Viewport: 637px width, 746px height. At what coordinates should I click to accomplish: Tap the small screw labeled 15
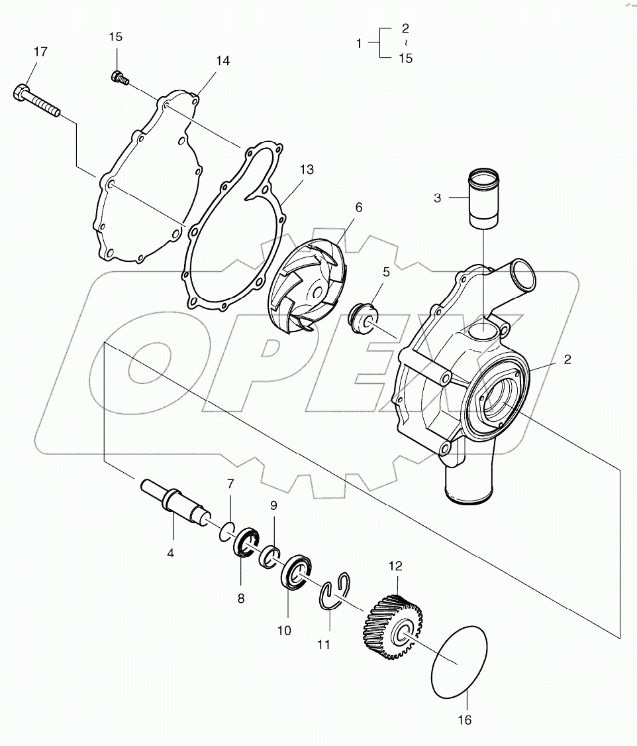click(117, 77)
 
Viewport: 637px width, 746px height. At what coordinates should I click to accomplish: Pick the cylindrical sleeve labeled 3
click(485, 198)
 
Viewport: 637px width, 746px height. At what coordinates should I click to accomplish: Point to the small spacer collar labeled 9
click(271, 556)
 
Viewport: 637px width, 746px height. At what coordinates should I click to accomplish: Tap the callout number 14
click(222, 60)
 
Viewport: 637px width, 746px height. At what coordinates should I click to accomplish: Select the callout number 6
click(358, 208)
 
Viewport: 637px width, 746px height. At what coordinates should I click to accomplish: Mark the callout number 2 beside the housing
click(567, 359)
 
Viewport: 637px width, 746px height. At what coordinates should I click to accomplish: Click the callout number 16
click(465, 720)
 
